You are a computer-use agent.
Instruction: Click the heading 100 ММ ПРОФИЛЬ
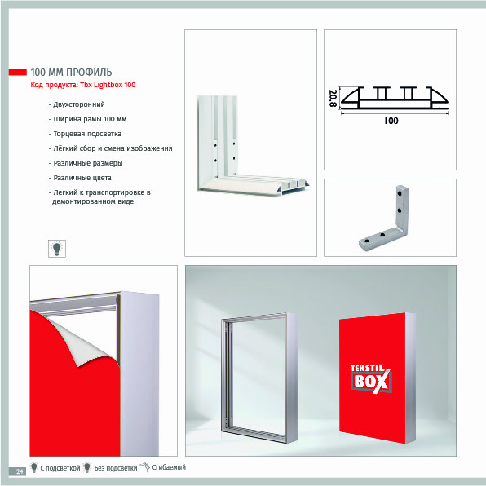71,73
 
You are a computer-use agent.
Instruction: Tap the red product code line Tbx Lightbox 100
83,85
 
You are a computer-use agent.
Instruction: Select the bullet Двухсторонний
77,104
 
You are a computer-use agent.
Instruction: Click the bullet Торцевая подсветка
85,134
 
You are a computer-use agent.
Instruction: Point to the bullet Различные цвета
80,178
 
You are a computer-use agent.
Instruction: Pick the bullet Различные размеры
86,163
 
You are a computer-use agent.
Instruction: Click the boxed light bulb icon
57,248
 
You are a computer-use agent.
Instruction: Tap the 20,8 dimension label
333,98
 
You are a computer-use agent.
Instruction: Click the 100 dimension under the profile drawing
391,121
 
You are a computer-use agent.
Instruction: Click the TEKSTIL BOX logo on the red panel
371,378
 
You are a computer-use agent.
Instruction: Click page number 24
20,471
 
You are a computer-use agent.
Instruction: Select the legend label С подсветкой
60,468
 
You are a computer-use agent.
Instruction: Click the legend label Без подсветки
116,468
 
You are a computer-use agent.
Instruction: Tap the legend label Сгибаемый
169,467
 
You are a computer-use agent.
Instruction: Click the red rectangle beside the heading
18,73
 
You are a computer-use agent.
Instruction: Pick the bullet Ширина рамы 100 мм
88,119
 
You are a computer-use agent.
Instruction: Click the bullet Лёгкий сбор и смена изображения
111,148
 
